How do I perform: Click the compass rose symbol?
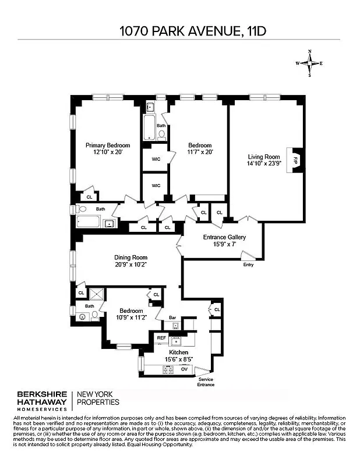click(309, 63)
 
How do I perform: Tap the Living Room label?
click(264, 157)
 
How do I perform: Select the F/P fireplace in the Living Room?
click(295, 159)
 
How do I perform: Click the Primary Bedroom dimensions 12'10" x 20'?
click(108, 152)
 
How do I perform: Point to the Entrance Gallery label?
click(224, 237)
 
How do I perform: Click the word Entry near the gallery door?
click(249, 265)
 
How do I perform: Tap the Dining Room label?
click(130, 257)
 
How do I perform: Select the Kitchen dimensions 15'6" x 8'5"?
click(179, 360)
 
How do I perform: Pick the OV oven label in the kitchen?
click(184, 369)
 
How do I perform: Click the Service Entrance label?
click(206, 382)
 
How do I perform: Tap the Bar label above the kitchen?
click(173, 317)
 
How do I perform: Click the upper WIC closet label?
click(156, 159)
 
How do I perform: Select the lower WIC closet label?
click(156, 186)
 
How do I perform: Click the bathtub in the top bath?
click(148, 125)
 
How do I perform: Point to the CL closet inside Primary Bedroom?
click(89, 197)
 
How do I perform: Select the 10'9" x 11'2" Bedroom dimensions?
click(132, 317)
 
